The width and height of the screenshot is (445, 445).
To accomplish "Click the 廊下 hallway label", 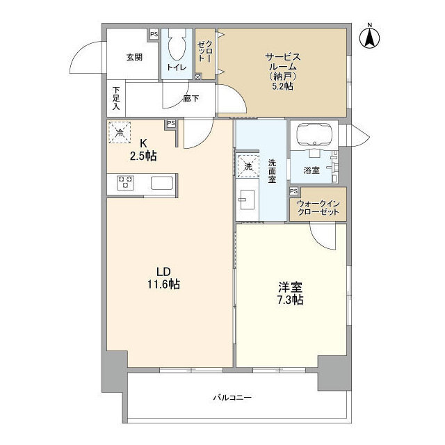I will [191, 99].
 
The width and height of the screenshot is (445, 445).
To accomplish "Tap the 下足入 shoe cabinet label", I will [116, 99].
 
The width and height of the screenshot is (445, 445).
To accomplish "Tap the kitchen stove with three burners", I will [126, 183].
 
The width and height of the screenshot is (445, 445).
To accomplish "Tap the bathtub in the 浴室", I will [312, 135].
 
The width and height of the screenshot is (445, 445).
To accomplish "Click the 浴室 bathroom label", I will [311, 169].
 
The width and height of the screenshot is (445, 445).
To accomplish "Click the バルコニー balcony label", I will [232, 398].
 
